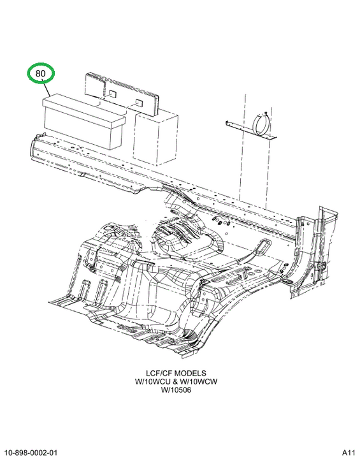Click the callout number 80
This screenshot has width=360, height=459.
(41, 73)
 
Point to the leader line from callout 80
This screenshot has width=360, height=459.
(47, 89)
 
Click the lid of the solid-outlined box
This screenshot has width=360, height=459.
(84, 110)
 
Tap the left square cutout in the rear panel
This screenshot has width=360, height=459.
(112, 94)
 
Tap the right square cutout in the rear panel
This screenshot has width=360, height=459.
(138, 103)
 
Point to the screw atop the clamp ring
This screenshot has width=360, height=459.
(266, 113)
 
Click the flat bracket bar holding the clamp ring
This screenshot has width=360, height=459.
(251, 130)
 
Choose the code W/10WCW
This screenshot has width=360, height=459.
(198, 382)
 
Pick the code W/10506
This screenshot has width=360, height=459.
(176, 390)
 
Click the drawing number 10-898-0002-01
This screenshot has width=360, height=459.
(32, 453)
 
